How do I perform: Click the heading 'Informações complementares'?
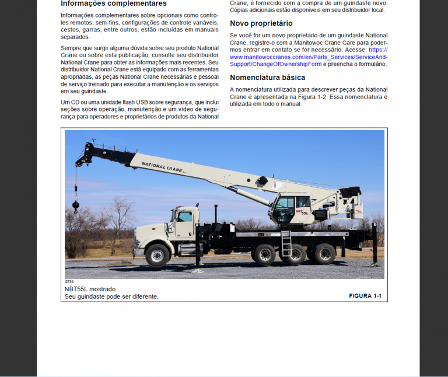[x=114, y=4]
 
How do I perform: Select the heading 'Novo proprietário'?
[x=261, y=23]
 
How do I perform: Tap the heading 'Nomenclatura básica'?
[x=267, y=77]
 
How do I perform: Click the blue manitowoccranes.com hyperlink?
[x=309, y=57]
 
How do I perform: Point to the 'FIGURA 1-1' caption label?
[x=365, y=296]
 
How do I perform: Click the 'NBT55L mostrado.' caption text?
[x=91, y=289]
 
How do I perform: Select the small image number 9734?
[x=69, y=282]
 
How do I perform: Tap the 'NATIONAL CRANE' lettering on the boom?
[x=164, y=166]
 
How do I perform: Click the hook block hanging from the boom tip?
[x=75, y=205]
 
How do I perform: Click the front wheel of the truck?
[x=157, y=255]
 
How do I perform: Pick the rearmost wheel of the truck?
[x=325, y=254]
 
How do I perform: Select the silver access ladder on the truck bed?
[x=286, y=244]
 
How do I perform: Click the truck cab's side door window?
[x=184, y=217]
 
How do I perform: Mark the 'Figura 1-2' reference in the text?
[x=330, y=96]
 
